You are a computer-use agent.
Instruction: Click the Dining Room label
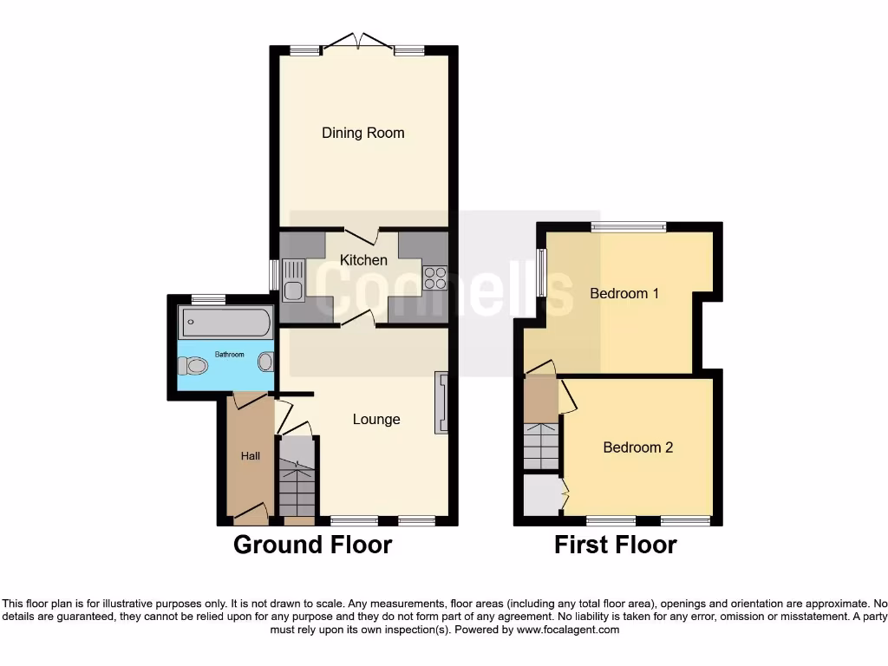[362, 133]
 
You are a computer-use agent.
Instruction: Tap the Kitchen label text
[363, 260]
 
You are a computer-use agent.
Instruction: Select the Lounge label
[376, 420]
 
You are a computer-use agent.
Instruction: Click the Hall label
[251, 456]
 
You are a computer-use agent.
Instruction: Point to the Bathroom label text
[230, 355]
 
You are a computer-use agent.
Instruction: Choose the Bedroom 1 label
[624, 293]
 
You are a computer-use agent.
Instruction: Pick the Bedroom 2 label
[638, 447]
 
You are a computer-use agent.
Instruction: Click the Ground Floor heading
[313, 545]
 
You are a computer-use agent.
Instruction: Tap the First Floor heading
[616, 545]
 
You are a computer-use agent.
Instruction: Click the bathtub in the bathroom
[225, 323]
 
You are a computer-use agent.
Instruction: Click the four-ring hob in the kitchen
[434, 277]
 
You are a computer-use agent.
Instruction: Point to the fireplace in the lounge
[441, 402]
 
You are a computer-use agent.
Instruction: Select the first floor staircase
[540, 446]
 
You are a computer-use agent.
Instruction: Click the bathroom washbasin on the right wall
[266, 362]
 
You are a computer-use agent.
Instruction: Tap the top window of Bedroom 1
[629, 227]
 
